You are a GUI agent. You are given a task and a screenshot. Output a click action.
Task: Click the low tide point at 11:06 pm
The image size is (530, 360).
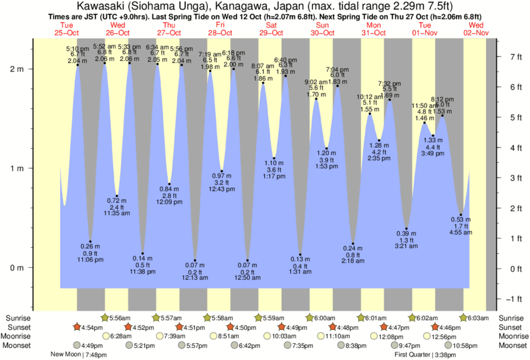pos(90,241)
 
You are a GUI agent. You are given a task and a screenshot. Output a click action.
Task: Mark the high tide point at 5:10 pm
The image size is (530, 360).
pos(78,65)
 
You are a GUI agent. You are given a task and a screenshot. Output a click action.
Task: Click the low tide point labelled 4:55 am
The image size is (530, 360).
pos(460,215)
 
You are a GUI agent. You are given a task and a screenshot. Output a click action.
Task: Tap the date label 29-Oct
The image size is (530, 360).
pos(271,33)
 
